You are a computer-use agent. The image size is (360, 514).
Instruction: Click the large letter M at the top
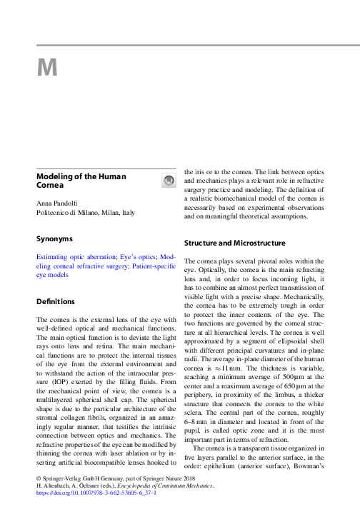coord(48,68)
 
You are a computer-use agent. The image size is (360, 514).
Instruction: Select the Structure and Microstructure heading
coord(235,243)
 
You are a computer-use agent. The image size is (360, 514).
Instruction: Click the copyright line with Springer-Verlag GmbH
coord(107,476)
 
